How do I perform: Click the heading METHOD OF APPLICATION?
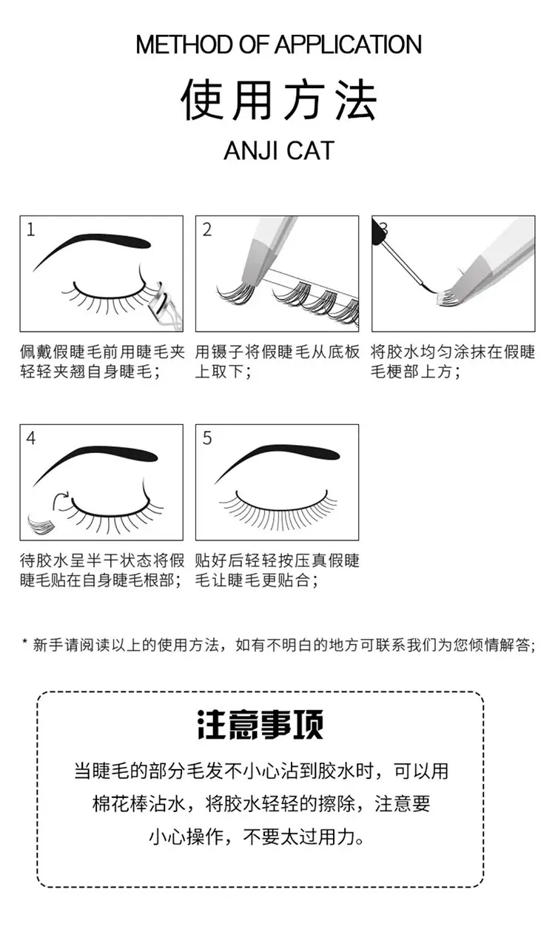pos(279,44)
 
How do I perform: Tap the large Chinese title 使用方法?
pos(279,100)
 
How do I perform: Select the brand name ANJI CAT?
pos(279,150)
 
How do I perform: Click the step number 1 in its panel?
pos(30,229)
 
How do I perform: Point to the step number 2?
pos(207,229)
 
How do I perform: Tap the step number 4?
pos(31,438)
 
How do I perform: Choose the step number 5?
pos(207,438)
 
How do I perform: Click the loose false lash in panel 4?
pos(40,523)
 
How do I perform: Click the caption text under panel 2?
pos(277,361)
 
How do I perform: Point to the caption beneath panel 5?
pos(277,570)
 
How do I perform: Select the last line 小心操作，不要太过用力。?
pos(257,837)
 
